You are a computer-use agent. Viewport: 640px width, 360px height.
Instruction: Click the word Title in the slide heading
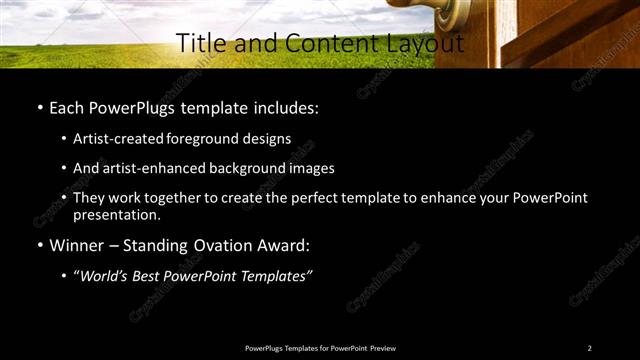[198, 44]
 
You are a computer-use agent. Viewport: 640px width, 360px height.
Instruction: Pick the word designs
[265, 138]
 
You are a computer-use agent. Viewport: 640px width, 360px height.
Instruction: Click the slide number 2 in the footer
[589, 348]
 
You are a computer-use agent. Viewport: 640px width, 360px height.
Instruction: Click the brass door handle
[456, 13]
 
